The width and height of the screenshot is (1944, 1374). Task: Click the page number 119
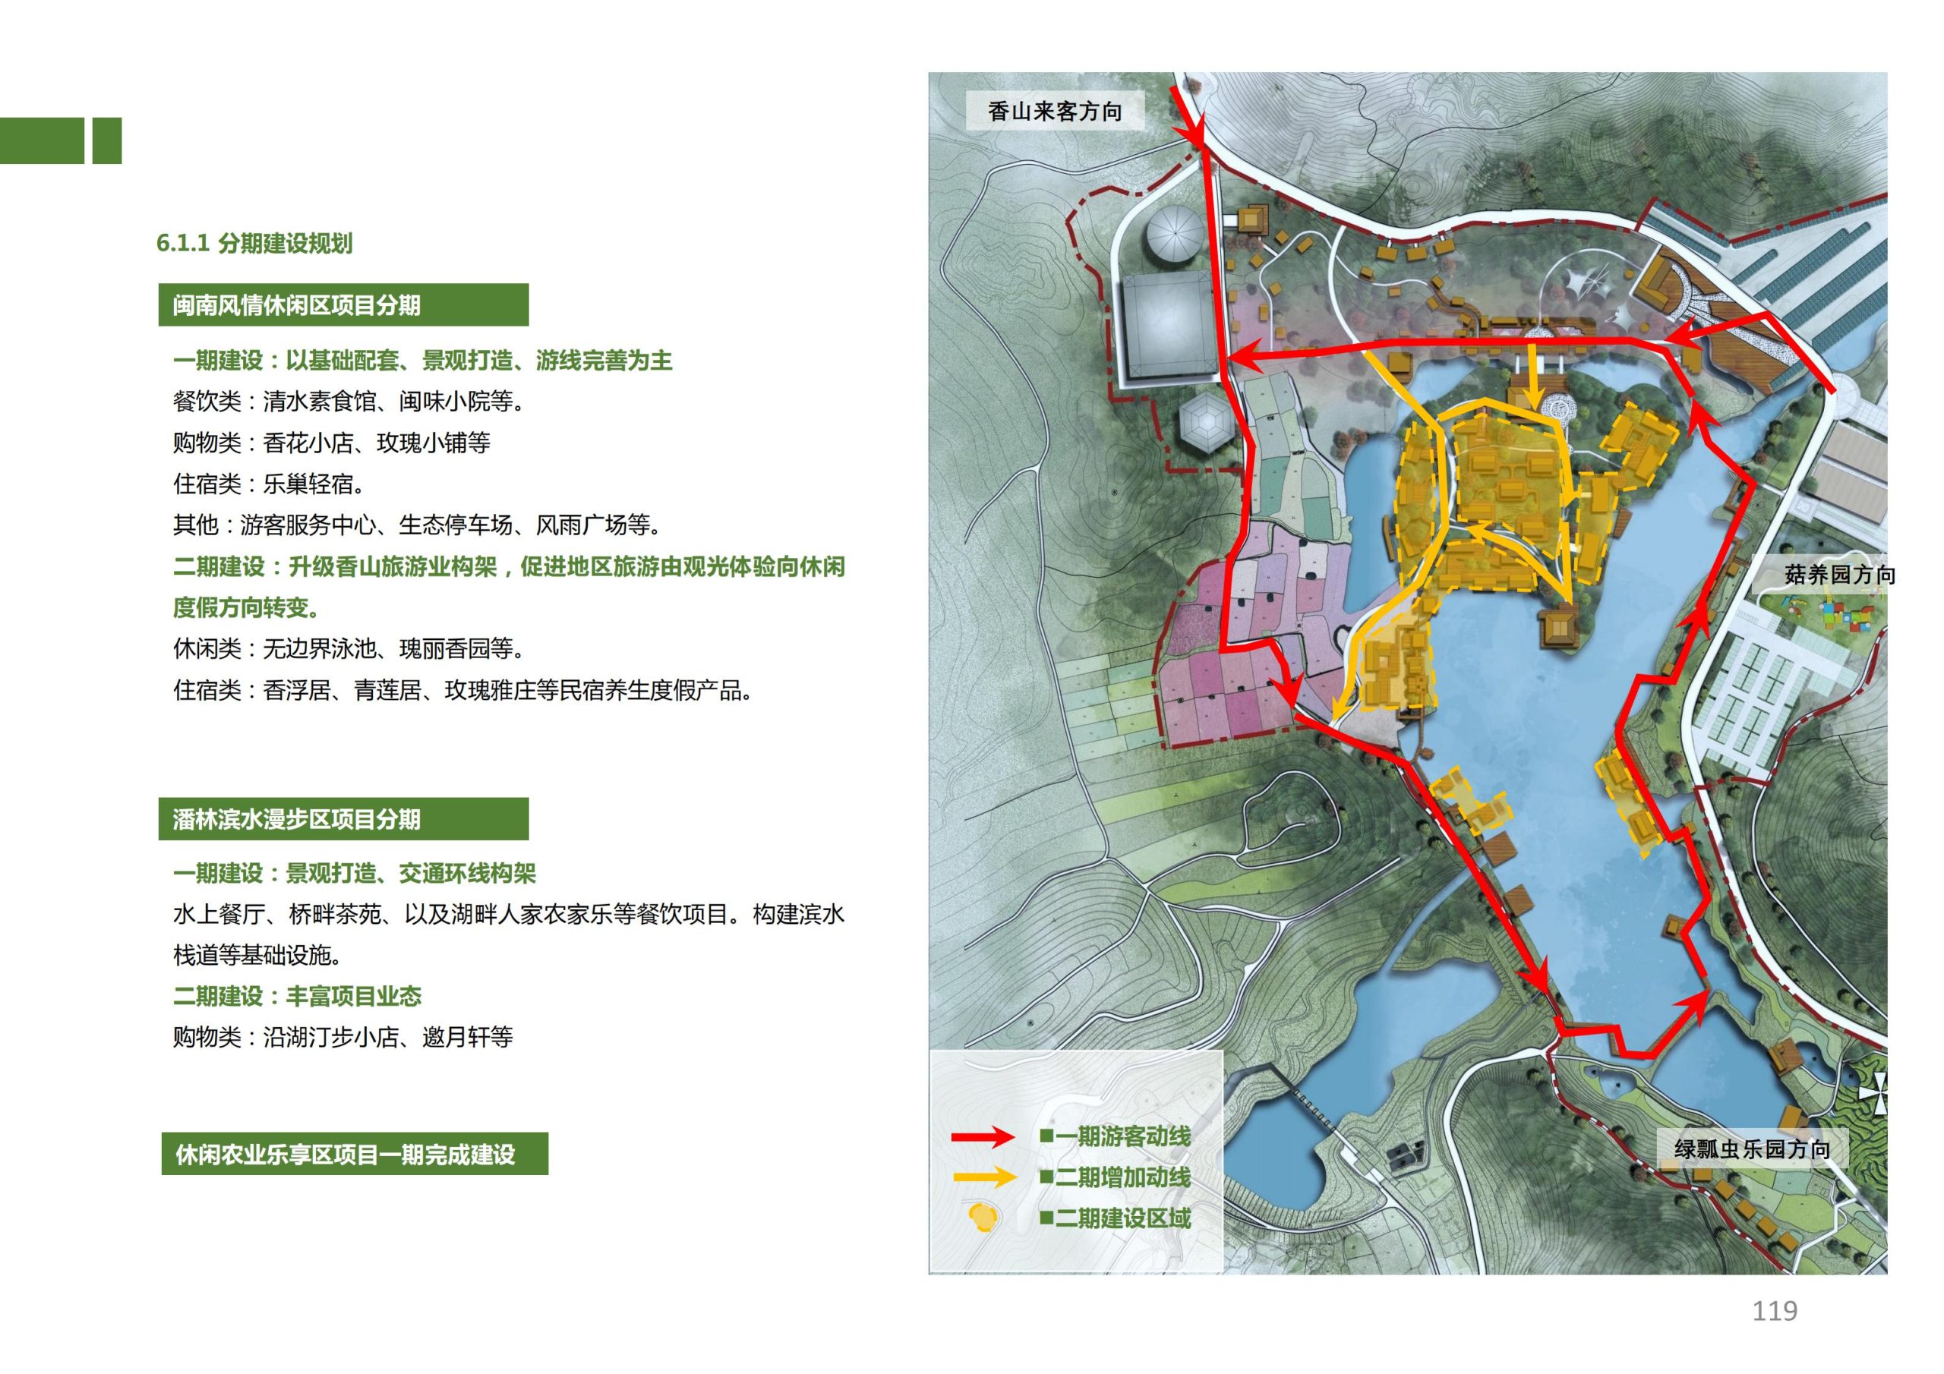click(x=1774, y=1311)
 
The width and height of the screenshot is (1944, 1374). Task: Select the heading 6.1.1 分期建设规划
click(x=254, y=244)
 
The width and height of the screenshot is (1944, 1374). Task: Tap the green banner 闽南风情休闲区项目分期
click(x=343, y=304)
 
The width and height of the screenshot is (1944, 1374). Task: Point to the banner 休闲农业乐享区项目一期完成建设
click(x=354, y=1154)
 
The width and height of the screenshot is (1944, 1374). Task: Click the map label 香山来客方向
click(x=1054, y=111)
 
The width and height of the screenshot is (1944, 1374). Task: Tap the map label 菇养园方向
click(x=1839, y=575)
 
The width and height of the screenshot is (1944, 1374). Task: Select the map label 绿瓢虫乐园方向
click(x=1752, y=1149)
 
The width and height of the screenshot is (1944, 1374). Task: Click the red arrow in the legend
click(x=982, y=1136)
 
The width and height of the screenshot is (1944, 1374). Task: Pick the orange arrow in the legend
click(x=982, y=1177)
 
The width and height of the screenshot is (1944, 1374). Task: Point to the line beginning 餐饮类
click(x=348, y=402)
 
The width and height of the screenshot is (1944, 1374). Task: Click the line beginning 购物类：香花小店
click(x=331, y=443)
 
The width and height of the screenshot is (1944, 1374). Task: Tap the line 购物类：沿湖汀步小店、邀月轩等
click(x=343, y=1037)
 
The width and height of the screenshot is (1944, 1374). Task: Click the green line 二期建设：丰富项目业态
click(x=296, y=995)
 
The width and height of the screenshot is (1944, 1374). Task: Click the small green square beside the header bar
click(x=106, y=140)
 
